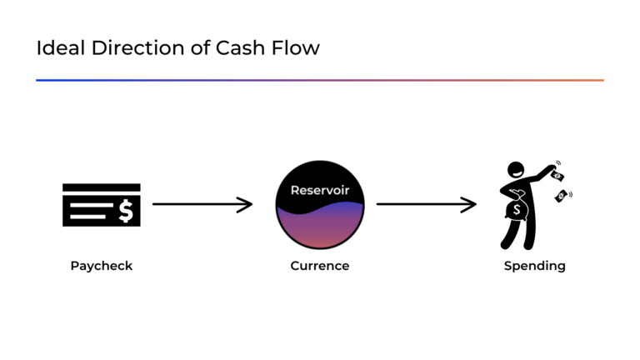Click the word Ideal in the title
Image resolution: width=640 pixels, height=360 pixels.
click(54, 48)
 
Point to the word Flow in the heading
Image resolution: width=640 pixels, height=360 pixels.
click(297, 48)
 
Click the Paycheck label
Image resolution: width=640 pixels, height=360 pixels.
click(102, 267)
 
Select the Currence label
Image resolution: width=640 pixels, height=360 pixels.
click(320, 267)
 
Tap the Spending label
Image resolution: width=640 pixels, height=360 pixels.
click(534, 267)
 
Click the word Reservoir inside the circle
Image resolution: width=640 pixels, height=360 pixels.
click(320, 191)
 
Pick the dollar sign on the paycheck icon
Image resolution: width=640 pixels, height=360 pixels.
click(126, 212)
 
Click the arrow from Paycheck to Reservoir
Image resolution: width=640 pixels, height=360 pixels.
click(200, 204)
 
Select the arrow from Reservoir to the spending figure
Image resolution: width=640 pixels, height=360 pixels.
click(425, 204)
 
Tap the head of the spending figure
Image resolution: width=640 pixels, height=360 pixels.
click(517, 171)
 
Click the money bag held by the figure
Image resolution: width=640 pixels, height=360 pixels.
click(516, 210)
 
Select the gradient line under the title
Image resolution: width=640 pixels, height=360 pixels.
click(320, 80)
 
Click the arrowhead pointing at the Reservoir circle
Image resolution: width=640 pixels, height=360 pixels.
click(247, 204)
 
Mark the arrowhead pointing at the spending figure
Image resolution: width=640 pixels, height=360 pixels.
click(471, 204)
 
